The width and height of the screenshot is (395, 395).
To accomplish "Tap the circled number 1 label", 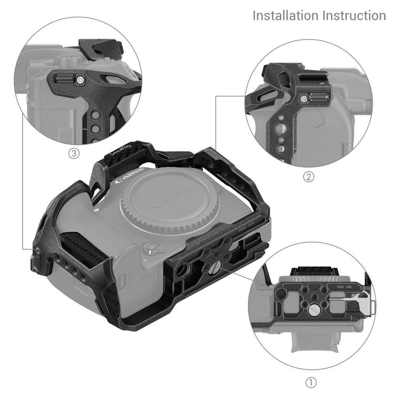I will click(312, 382).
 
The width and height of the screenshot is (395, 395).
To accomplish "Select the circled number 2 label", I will click(308, 177).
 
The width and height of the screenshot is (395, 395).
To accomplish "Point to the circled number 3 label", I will click(73, 154).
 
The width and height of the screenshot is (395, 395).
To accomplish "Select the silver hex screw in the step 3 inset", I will click(81, 80).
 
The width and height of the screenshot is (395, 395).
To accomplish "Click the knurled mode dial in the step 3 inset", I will click(64, 61).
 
